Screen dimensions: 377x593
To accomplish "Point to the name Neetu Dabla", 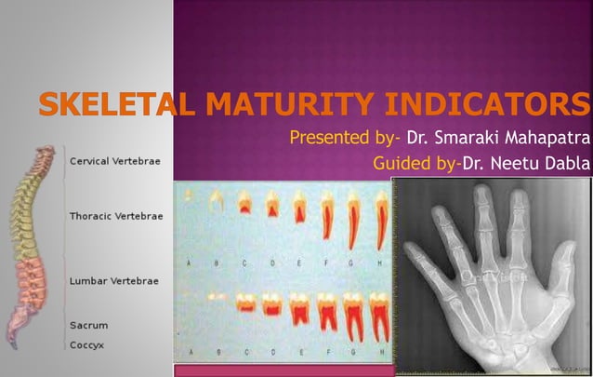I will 541,164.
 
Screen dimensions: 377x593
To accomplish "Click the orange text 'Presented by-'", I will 345,140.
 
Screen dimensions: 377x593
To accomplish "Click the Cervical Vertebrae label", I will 115,161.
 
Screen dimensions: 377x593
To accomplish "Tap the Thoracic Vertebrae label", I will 116,216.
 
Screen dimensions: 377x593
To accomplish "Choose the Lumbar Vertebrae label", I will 114,280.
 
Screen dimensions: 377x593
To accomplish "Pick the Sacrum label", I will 89,326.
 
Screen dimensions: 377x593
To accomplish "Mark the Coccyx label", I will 88,343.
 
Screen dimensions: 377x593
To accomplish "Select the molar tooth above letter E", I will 300,311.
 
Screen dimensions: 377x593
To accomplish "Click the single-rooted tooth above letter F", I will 327,217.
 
